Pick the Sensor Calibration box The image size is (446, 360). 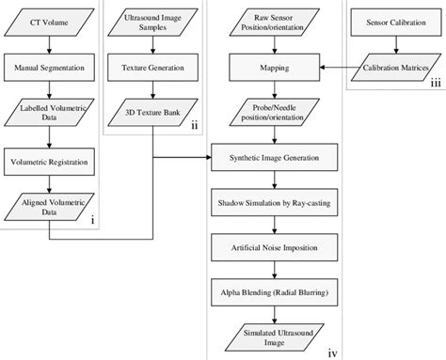[395, 19]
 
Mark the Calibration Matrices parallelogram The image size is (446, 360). [395, 68]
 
